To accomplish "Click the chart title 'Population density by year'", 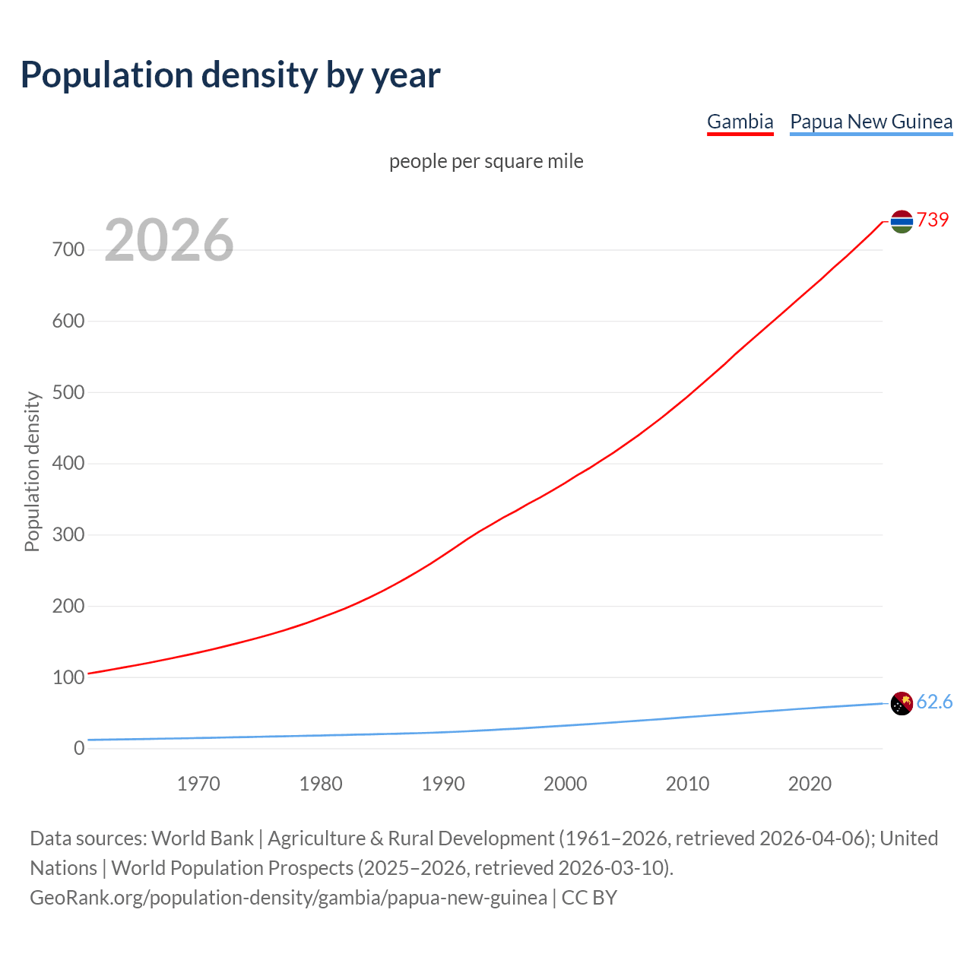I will [230, 75].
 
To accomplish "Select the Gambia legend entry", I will [740, 122].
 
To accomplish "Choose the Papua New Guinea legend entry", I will [871, 122].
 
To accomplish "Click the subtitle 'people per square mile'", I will [486, 162].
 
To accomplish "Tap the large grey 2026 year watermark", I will [169, 240].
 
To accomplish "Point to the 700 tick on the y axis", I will [68, 249].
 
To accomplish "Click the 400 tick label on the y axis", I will [68, 463].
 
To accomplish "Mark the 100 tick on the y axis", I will [68, 677].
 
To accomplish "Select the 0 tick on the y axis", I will [79, 748].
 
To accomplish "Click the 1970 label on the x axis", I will [198, 784].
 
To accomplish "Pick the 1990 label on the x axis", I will [443, 784].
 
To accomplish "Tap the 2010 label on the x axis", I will [687, 784].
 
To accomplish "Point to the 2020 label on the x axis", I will [810, 784].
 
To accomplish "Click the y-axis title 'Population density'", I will [32, 471].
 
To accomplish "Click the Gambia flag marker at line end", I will [902, 221].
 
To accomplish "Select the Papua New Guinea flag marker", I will [902, 704].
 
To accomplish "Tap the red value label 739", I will [933, 220].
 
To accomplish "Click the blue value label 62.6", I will [934, 702].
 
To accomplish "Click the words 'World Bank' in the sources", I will [202, 838].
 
